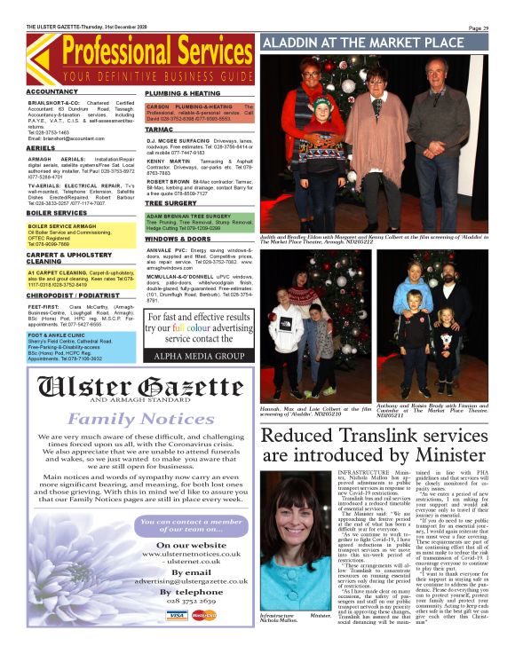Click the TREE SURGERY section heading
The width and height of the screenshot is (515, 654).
170,202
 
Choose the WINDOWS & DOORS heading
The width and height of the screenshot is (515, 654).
178,240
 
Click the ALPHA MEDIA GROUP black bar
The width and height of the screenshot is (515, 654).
195,353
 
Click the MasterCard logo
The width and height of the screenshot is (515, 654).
204,639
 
